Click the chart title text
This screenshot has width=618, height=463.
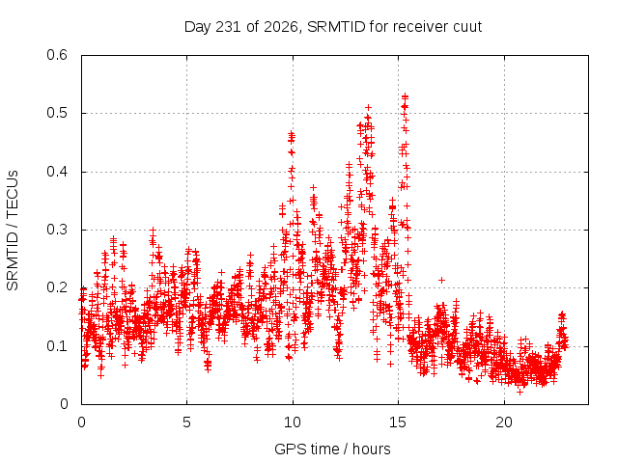click(333, 27)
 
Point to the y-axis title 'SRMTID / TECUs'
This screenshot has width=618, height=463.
click(13, 231)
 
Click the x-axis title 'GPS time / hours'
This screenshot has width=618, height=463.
click(332, 449)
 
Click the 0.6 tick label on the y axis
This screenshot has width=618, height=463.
click(57, 55)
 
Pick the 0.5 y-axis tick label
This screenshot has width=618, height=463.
click(57, 113)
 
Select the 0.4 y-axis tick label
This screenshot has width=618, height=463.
click(57, 172)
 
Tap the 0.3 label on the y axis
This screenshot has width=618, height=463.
click(57, 230)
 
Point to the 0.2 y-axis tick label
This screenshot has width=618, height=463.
click(57, 287)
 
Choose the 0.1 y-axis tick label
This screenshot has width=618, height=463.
click(57, 346)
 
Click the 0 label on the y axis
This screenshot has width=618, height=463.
click(64, 404)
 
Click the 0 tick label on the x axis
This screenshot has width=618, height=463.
click(81, 422)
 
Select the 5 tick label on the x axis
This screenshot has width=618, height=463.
click(186, 422)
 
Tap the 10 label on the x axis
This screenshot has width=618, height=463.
click(293, 422)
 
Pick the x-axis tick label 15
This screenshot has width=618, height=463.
click(398, 422)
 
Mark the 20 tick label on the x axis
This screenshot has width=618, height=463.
click(504, 422)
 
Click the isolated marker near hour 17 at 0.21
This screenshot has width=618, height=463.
click(442, 280)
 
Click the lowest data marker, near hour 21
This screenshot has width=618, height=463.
click(520, 392)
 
